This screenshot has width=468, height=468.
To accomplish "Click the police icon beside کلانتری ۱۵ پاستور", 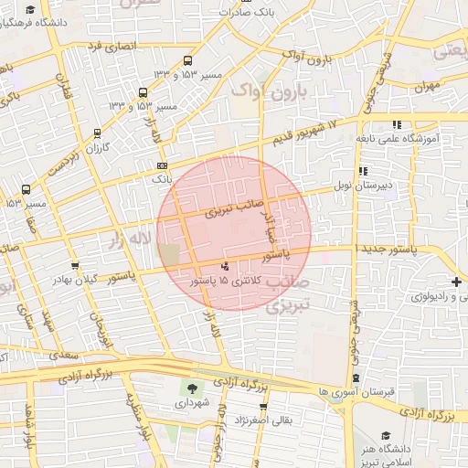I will pos(226,267).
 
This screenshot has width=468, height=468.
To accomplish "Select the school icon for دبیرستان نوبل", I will pos(363,170).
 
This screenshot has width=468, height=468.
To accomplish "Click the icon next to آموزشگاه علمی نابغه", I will pos(396,124).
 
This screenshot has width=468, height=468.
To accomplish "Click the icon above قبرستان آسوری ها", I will pos(356,378).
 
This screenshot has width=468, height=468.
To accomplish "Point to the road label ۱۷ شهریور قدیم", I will pos(305,133).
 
